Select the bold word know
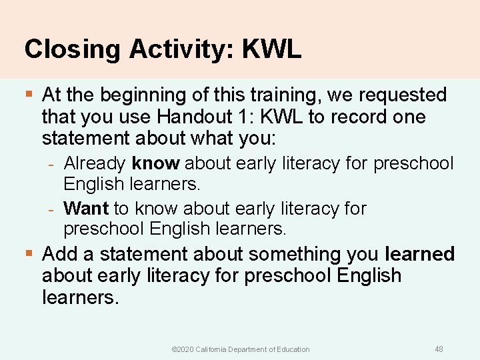pos(157,163)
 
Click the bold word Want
pos(86,209)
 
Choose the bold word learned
pos(419,254)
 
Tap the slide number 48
pos(439,349)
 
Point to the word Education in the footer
pos(293,349)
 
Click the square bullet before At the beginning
pos(29,95)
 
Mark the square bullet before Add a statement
pos(29,254)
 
